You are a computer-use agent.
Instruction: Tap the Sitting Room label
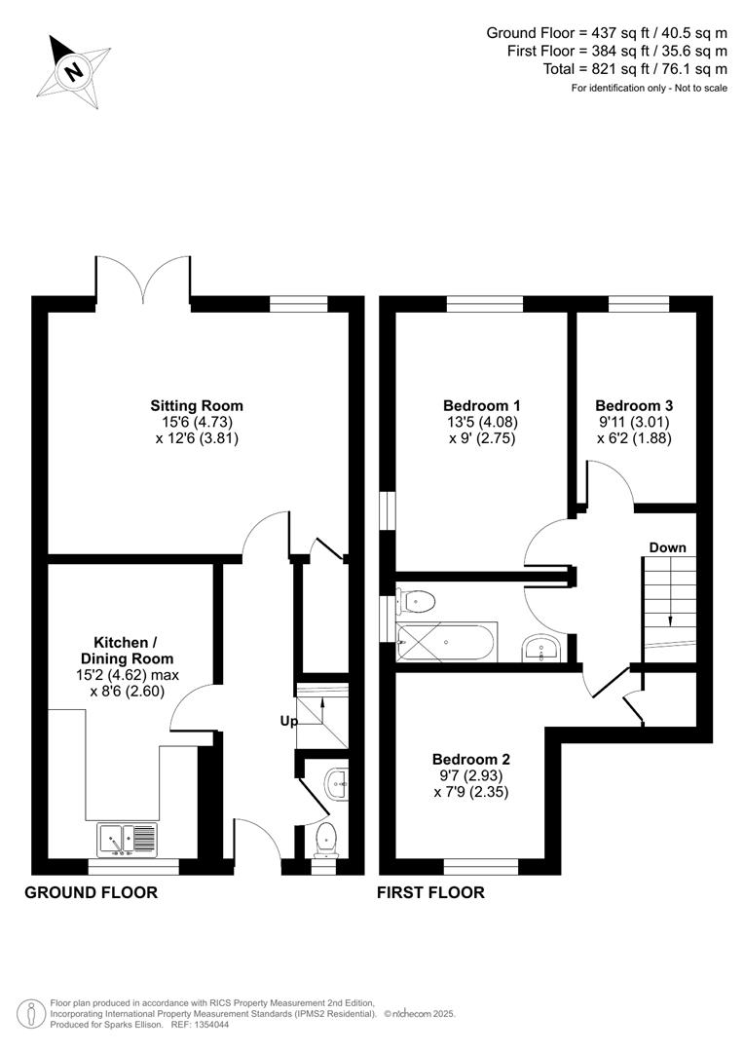click(x=196, y=405)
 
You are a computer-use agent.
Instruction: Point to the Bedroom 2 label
click(x=470, y=760)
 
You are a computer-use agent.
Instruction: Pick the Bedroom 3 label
click(x=633, y=405)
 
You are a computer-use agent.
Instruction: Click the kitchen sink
click(x=127, y=839)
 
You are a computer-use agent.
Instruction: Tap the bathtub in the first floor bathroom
click(x=448, y=642)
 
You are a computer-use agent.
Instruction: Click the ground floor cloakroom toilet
click(x=325, y=836)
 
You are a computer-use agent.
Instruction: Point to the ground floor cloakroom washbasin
click(x=336, y=781)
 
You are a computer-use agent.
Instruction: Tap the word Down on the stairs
click(x=668, y=548)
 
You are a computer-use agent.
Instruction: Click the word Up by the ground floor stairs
click(x=288, y=722)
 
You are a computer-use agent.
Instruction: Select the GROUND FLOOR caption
click(x=91, y=892)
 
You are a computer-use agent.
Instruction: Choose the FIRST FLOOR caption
click(x=430, y=892)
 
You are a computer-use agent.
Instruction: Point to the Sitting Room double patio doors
click(x=142, y=278)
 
